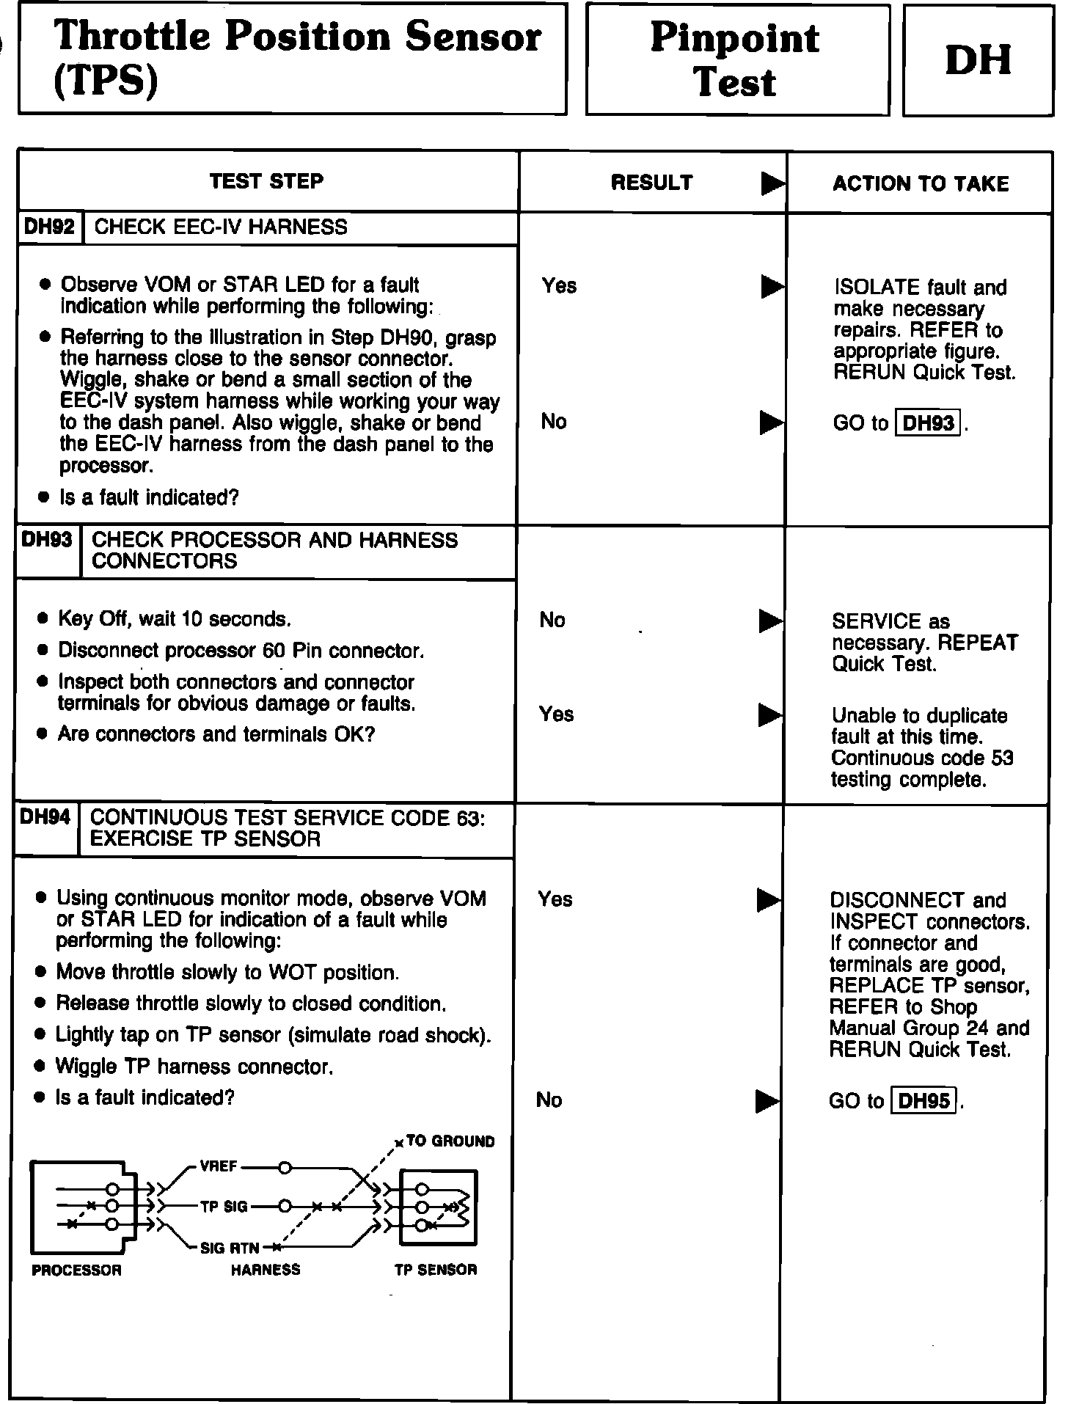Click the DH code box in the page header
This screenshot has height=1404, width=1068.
click(x=979, y=60)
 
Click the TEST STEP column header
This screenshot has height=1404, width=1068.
click(x=266, y=181)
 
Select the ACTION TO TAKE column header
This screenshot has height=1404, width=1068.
click(x=921, y=183)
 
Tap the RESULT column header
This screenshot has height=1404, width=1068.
click(x=651, y=183)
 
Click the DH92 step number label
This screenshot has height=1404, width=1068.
click(x=49, y=227)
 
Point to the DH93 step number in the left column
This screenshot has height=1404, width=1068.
click(x=47, y=540)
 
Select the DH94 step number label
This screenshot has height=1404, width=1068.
click(x=45, y=817)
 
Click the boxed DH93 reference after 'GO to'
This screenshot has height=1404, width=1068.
click(x=928, y=423)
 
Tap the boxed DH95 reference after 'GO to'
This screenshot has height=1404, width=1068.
click(x=923, y=1101)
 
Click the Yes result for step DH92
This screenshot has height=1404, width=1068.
click(x=559, y=285)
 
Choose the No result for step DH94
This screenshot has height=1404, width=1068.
click(x=549, y=1100)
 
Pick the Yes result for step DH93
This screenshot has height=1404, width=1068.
click(x=556, y=714)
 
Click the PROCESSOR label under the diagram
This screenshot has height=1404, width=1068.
click(x=76, y=1270)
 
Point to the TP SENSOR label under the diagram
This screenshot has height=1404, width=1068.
click(x=436, y=1270)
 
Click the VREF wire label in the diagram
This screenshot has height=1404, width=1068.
click(x=218, y=1166)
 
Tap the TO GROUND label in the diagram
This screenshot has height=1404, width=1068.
click(x=450, y=1141)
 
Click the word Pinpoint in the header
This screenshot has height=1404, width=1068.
click(x=734, y=38)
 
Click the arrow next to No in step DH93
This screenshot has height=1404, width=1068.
click(x=770, y=621)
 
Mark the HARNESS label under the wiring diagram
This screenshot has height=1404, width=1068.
click(x=266, y=1270)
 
